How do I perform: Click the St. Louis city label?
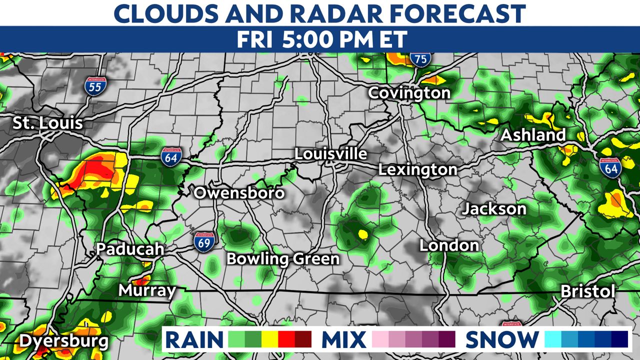point(47,123)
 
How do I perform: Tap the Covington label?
point(409,93)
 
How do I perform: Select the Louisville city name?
point(330,154)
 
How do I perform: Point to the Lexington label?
point(417,169)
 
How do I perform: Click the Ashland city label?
point(533,135)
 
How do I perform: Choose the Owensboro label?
point(239,193)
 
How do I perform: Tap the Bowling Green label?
point(283,259)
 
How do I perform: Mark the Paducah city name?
point(130,249)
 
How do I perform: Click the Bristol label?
point(587,291)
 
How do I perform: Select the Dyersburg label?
point(63,342)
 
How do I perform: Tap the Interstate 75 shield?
point(420,59)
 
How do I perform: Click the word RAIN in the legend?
point(194,340)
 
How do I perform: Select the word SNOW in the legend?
point(502,340)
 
